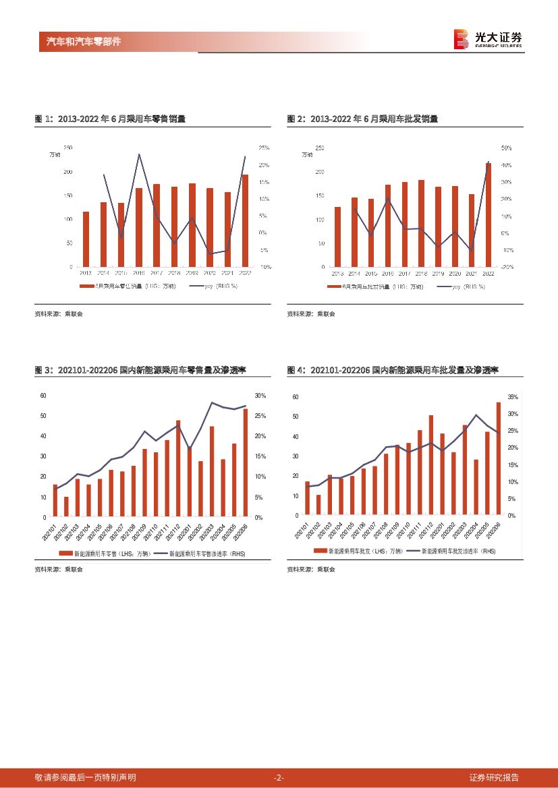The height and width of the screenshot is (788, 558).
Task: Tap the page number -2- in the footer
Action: (279, 777)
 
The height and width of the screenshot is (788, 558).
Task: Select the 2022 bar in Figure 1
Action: (245, 221)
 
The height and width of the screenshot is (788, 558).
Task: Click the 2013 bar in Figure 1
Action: (86, 239)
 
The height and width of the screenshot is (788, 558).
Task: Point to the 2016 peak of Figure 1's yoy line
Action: (139, 154)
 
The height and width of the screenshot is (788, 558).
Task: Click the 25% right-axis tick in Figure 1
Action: (264, 148)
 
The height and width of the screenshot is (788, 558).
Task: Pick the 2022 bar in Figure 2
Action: (488, 214)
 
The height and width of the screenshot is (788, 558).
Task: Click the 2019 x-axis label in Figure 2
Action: (438, 273)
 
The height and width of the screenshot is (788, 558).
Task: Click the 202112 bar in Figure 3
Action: (178, 468)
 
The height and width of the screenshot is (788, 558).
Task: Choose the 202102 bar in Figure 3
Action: (66, 507)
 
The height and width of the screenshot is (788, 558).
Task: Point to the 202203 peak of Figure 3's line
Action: (212, 403)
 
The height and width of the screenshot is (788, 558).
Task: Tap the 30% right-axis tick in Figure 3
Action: (260, 396)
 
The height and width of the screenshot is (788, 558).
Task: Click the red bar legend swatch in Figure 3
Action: (65, 553)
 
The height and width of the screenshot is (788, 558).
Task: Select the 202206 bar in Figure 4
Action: (498, 458)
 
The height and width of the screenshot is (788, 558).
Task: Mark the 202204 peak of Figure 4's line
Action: (476, 415)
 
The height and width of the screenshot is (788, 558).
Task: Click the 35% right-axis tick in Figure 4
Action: (512, 397)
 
